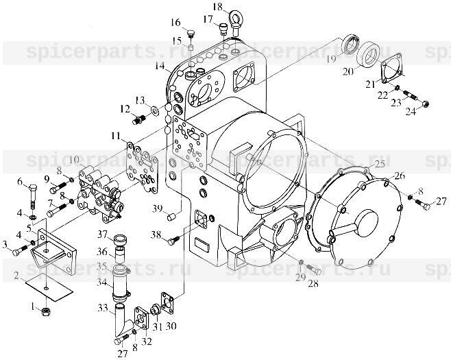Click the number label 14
(160, 67)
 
